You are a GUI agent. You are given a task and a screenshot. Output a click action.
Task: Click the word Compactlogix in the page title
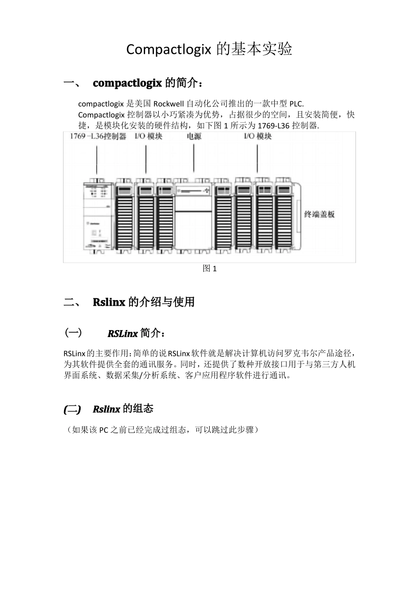169,49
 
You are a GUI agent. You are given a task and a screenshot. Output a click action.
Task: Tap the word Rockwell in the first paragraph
169,104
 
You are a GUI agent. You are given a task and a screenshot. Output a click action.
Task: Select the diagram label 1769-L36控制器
98,136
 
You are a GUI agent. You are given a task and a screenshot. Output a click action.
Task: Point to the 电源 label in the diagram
194,136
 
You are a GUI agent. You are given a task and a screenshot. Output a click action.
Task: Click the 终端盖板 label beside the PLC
319,214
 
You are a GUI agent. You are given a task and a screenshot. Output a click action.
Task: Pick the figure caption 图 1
209,269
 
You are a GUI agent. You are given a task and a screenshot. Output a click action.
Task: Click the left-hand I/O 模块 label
149,136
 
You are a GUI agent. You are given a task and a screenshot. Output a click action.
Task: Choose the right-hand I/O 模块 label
258,136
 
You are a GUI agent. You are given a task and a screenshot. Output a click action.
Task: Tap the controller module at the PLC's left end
98,216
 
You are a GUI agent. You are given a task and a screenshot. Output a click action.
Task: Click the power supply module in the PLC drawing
193,216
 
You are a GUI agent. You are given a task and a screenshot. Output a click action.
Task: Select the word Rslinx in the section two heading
109,302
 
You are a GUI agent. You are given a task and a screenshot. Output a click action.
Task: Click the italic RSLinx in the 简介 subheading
123,334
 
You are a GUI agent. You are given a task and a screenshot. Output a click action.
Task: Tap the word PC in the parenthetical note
104,430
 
